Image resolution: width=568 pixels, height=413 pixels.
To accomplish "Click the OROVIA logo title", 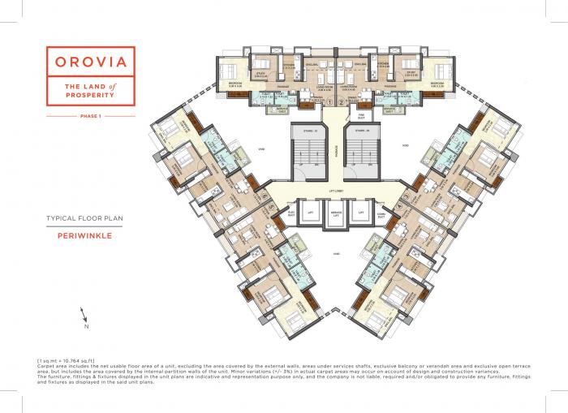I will (90, 60).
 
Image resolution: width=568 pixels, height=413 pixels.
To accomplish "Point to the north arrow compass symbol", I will (84, 318).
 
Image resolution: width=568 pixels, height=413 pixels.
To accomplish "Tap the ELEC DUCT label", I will (291, 214).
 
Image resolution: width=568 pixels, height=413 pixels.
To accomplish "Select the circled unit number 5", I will (265, 206).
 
